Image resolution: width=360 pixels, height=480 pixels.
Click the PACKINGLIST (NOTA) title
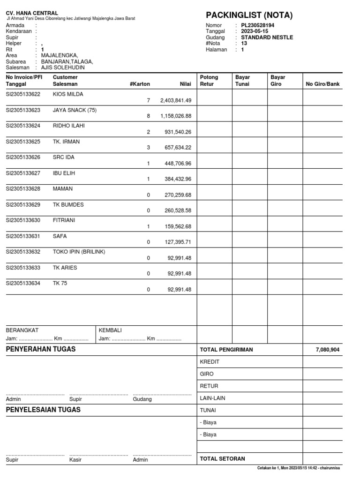coord(249,15)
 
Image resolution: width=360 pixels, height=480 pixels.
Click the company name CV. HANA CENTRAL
coord(32,13)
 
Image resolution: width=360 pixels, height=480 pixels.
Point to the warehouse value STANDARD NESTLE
coord(267,37)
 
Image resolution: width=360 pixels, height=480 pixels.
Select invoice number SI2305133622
coord(23,94)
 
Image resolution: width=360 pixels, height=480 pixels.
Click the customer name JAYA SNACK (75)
coord(75,110)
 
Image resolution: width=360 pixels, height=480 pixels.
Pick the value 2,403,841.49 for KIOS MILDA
coord(175,100)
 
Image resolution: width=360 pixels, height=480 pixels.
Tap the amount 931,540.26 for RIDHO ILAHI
coord(179,132)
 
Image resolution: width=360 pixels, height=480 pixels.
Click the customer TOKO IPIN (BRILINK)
coord(79,252)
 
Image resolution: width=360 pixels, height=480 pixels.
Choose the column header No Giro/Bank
coord(323,84)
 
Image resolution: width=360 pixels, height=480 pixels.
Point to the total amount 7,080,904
coord(328,350)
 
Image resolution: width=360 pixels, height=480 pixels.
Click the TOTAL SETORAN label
coord(222,459)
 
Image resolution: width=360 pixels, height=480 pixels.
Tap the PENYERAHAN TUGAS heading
coord(41,349)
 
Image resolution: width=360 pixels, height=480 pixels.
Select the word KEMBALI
coord(110,330)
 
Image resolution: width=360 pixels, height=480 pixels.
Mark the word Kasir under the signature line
coord(75,460)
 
